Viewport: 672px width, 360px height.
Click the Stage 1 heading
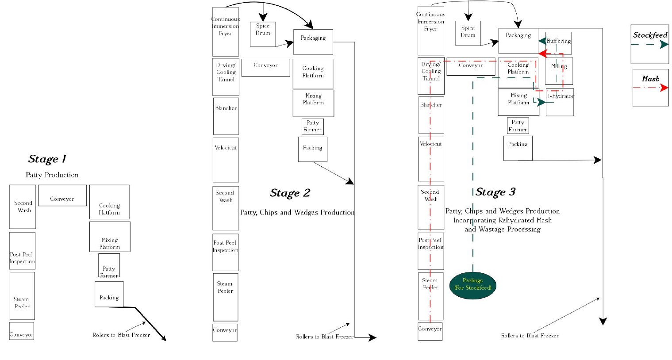coord(47,159)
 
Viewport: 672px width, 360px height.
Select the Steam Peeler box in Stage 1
coord(22,296)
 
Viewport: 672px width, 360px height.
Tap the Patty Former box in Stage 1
coord(109,265)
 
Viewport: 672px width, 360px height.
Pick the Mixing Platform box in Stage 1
coord(110,237)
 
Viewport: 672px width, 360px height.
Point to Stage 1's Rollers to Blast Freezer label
coord(121,335)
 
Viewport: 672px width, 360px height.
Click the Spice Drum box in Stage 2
coord(263,34)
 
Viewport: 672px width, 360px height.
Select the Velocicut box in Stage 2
coord(226,160)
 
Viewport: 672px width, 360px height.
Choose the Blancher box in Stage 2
coord(226,116)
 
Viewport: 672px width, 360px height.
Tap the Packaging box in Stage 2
coord(313,42)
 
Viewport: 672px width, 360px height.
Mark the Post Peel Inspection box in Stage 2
coord(225,252)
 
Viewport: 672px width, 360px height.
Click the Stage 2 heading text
coord(290,193)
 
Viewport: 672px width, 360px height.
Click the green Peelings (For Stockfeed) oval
coord(472,286)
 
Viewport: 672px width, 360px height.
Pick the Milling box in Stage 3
coord(559,71)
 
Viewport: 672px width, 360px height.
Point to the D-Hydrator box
coord(560,102)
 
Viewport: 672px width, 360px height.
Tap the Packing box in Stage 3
coord(518,148)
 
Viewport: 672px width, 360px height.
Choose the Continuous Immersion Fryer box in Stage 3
coord(430,31)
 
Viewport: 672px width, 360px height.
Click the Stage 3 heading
coord(495,192)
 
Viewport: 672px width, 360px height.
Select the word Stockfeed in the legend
coord(650,35)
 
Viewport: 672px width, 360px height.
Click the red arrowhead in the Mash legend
coord(664,88)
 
